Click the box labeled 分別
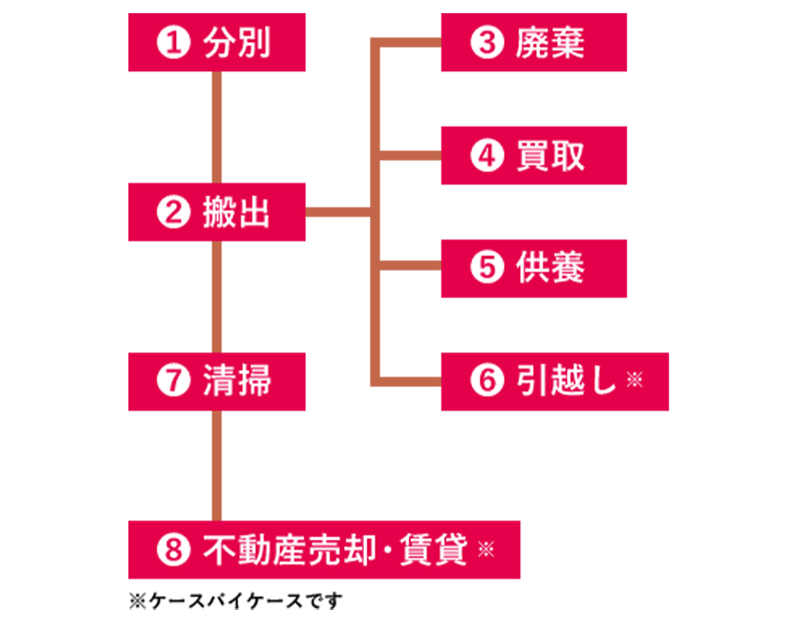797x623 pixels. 217,43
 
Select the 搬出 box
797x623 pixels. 217,212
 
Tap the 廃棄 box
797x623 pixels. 534,43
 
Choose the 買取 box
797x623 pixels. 534,156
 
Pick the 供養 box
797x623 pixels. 534,268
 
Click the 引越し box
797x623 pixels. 554,382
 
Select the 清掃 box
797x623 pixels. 217,382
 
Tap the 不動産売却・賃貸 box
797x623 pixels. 325,550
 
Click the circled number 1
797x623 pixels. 173,43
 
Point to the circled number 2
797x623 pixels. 173,213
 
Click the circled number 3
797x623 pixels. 487,43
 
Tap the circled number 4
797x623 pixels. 487,156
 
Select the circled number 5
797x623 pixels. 487,268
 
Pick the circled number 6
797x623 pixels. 487,382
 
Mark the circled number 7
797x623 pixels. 173,382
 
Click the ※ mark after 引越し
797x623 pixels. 634,380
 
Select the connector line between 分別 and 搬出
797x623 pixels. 217,127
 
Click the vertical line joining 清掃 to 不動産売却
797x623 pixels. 217,465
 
